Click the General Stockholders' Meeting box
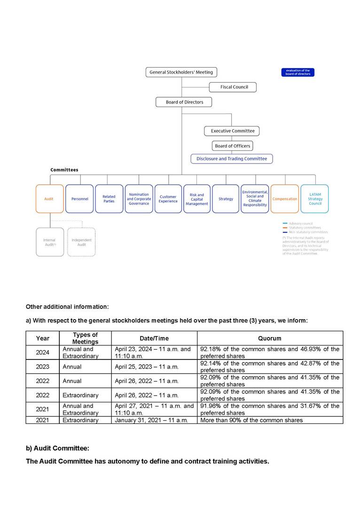[x=181, y=72]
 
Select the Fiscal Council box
[x=234, y=87]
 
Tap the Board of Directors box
[x=183, y=102]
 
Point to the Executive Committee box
[x=232, y=131]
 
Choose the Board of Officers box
[x=232, y=146]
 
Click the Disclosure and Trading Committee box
[x=232, y=159]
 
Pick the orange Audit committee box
[x=49, y=199]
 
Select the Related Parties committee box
[x=109, y=199]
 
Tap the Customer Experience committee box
[x=168, y=199]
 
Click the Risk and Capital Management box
[x=197, y=199]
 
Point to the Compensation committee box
[x=285, y=199]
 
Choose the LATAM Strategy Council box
[x=315, y=199]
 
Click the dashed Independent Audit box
[x=81, y=242]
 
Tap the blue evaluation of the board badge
[x=298, y=72]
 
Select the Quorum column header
[x=270, y=338]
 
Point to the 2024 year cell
[x=43, y=352]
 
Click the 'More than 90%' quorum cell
[x=252, y=420]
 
